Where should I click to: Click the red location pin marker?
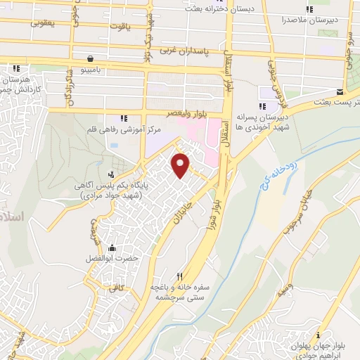181,165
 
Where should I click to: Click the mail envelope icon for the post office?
340,93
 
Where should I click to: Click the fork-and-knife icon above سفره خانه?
179,276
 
